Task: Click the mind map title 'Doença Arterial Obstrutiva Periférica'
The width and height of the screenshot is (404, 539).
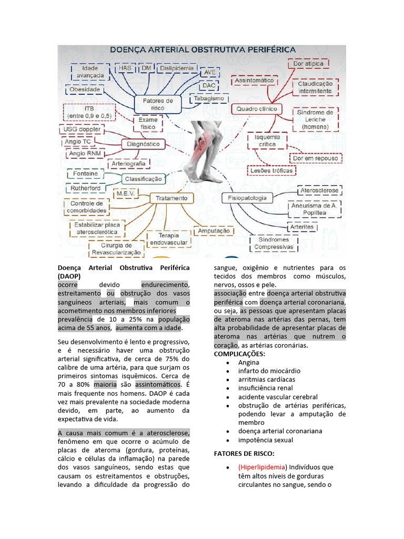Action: click(202, 49)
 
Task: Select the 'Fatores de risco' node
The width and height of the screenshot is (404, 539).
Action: click(157, 104)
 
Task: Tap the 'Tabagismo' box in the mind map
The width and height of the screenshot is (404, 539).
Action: click(209, 98)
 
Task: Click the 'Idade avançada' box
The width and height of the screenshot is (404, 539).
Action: click(90, 72)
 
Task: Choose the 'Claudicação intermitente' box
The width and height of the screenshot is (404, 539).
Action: click(315, 87)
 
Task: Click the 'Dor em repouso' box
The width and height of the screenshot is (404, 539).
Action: click(316, 158)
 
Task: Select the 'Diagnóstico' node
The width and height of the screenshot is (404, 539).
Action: click(144, 144)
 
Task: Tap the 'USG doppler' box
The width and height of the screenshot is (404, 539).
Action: click(82, 129)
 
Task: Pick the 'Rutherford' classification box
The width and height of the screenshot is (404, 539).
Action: click(85, 188)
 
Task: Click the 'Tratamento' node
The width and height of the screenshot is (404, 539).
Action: click(171, 198)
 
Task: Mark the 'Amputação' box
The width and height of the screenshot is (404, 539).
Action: click(214, 231)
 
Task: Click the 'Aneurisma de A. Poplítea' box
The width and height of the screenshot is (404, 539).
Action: click(314, 209)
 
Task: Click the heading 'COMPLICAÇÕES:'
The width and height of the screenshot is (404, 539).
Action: click(239, 354)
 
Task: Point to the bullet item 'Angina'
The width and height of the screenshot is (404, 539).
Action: click(248, 362)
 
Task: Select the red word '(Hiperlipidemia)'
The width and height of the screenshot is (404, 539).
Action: click(262, 467)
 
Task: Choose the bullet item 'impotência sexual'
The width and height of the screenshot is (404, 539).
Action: click(265, 440)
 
